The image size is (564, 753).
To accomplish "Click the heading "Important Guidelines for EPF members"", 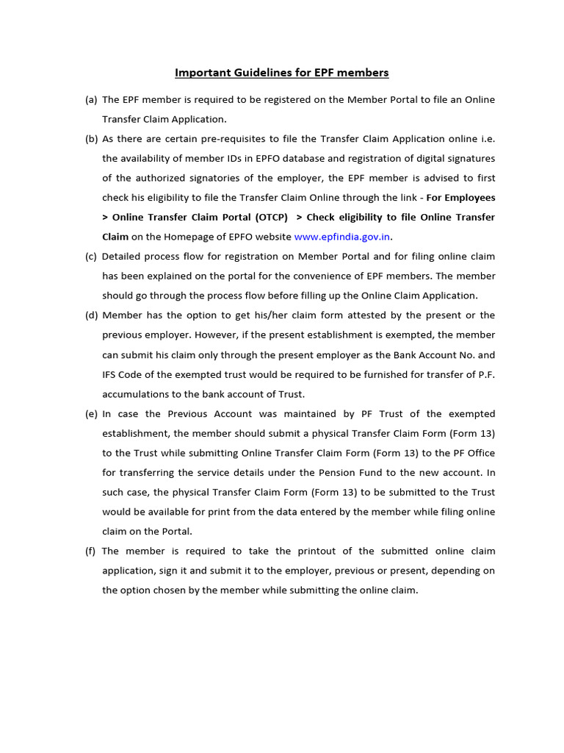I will click(x=281, y=73).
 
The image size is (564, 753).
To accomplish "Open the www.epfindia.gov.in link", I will click(x=342, y=237).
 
